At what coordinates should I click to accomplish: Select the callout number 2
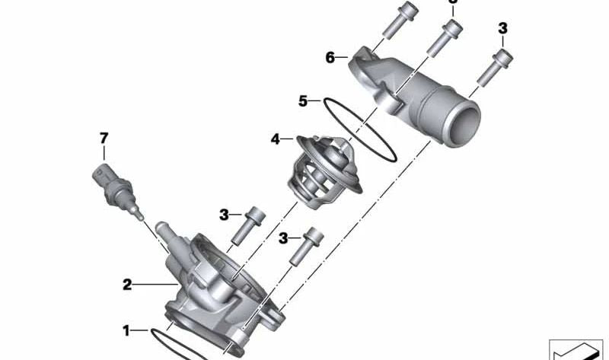(x=127, y=285)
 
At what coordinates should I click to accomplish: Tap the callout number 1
(x=127, y=330)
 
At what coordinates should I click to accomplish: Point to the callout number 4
(x=276, y=139)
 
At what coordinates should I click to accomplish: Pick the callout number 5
(x=302, y=100)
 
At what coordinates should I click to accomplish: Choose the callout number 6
(x=330, y=57)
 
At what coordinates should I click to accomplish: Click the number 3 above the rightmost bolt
(x=502, y=29)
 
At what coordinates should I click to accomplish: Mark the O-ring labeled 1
(x=183, y=342)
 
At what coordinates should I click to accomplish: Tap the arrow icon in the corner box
(x=574, y=349)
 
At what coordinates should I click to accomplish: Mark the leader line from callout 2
(x=156, y=285)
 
